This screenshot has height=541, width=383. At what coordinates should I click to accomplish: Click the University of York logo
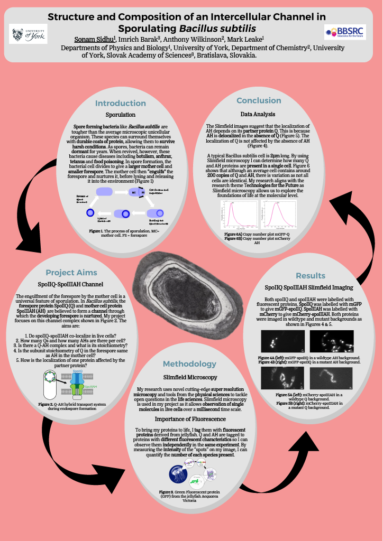tap(28, 34)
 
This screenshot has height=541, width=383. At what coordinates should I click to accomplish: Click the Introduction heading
tap(121, 103)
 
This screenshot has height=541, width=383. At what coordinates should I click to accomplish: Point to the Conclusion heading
tap(259, 100)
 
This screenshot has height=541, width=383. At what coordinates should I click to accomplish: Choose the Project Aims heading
tap(71, 273)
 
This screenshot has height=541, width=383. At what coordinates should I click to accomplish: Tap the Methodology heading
tap(189, 364)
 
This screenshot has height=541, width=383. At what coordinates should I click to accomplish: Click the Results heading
tap(311, 276)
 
